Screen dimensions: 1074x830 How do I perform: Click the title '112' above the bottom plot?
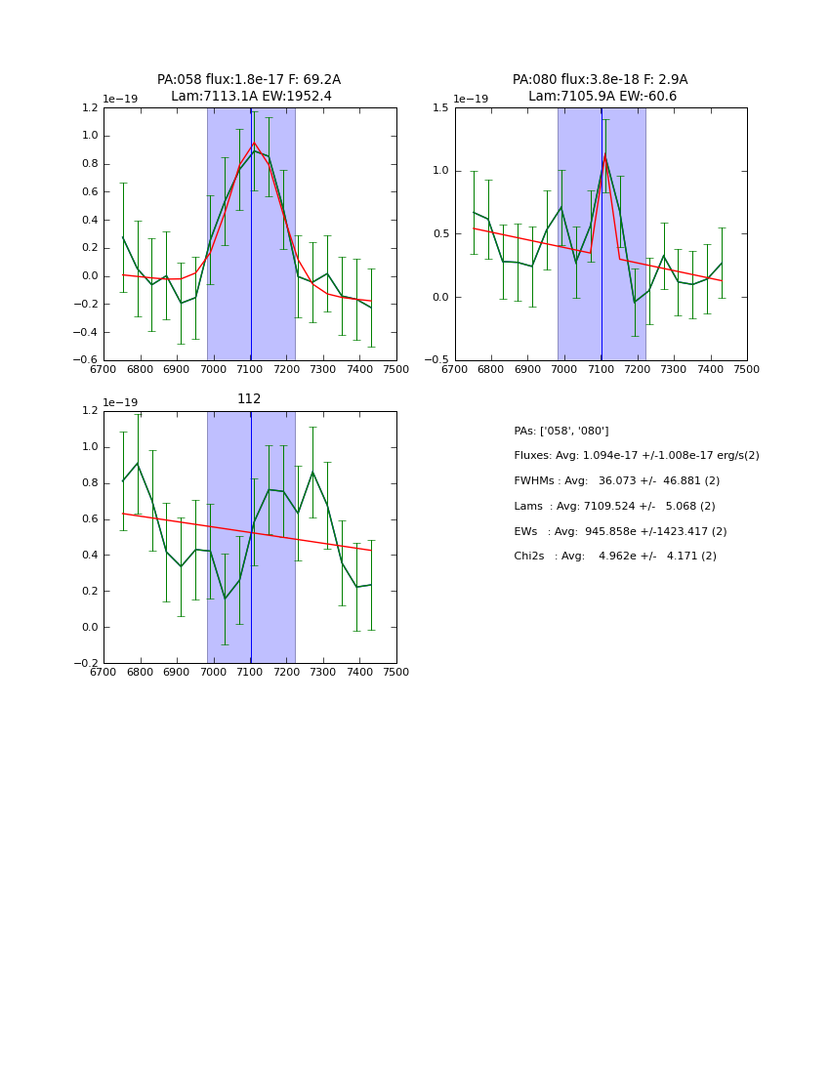(x=249, y=398)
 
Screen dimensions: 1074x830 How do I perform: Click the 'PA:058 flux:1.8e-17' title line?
(x=249, y=80)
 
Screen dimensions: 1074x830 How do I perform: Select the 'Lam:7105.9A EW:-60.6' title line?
(x=602, y=97)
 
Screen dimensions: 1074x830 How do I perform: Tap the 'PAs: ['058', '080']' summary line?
(x=560, y=431)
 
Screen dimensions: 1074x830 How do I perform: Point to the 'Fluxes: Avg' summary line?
(x=636, y=456)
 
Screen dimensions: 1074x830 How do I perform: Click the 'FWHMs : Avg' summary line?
(x=616, y=480)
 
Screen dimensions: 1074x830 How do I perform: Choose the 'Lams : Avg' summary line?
(x=614, y=506)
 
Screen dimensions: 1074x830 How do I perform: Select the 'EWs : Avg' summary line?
(x=620, y=531)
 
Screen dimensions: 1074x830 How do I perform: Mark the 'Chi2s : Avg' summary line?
(x=614, y=556)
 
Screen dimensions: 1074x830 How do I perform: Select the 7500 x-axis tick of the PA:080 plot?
(x=747, y=369)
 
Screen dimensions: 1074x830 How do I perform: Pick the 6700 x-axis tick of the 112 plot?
(x=104, y=672)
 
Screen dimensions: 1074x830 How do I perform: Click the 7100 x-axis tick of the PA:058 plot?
(x=250, y=369)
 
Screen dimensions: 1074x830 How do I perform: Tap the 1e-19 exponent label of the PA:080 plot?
(x=471, y=99)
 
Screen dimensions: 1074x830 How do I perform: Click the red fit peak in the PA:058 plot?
(x=254, y=143)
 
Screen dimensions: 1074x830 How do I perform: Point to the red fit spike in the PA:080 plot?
(x=604, y=156)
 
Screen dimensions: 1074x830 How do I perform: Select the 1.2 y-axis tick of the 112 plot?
(x=88, y=410)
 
